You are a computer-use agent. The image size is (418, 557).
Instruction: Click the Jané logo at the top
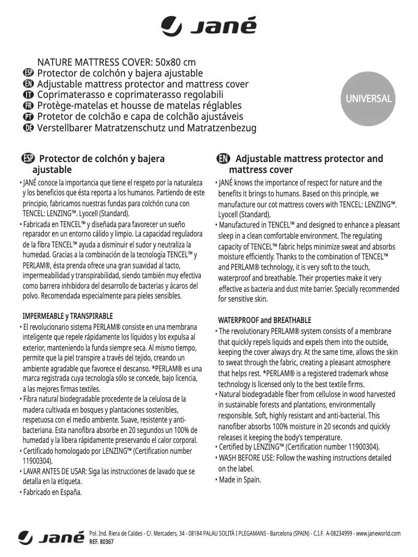pyautogui.click(x=208, y=26)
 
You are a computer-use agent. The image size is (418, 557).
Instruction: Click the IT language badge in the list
pyautogui.click(x=29, y=95)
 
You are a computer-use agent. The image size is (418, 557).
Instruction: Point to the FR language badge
pyautogui.click(x=29, y=106)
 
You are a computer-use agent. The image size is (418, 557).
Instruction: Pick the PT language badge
pyautogui.click(x=29, y=117)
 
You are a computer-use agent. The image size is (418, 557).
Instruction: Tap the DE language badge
pyautogui.click(x=29, y=128)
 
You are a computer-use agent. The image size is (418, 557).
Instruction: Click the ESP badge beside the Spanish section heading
pyautogui.click(x=29, y=159)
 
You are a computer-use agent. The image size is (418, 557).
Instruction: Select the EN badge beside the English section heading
pyautogui.click(x=223, y=159)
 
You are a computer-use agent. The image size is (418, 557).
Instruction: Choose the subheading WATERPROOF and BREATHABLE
pyautogui.click(x=264, y=320)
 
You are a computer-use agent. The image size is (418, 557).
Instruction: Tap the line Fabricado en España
pyautogui.click(x=52, y=492)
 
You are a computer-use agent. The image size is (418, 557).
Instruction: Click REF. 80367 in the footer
pyautogui.click(x=102, y=542)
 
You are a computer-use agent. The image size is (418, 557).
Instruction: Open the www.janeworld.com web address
pyautogui.click(x=378, y=534)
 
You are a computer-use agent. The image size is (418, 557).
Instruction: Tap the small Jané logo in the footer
pyautogui.click(x=51, y=538)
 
